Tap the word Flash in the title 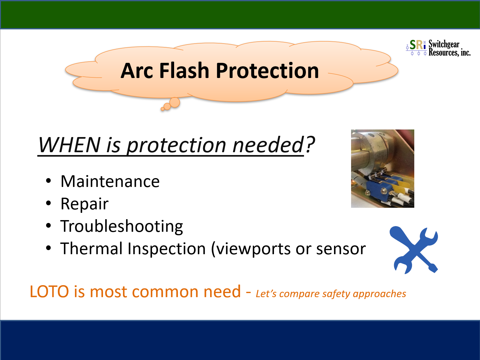pyautogui.click(x=184, y=70)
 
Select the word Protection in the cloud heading pyautogui.click(x=267, y=70)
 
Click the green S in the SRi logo pyautogui.click(x=413, y=45)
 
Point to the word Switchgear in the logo pyautogui.click(x=444, y=44)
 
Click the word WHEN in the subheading pyautogui.click(x=69, y=145)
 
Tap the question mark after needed pyautogui.click(x=310, y=144)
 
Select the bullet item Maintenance pyautogui.click(x=110, y=181)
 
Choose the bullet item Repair pyautogui.click(x=84, y=204)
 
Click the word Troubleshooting pyautogui.click(x=122, y=226)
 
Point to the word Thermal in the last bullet pyautogui.click(x=91, y=249)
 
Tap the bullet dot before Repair pyautogui.click(x=48, y=203)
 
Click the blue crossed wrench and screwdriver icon pyautogui.click(x=414, y=250)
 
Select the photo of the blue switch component pyautogui.click(x=382, y=168)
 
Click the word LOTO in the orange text pyautogui.click(x=49, y=291)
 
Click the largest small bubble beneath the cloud pyautogui.click(x=175, y=102)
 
